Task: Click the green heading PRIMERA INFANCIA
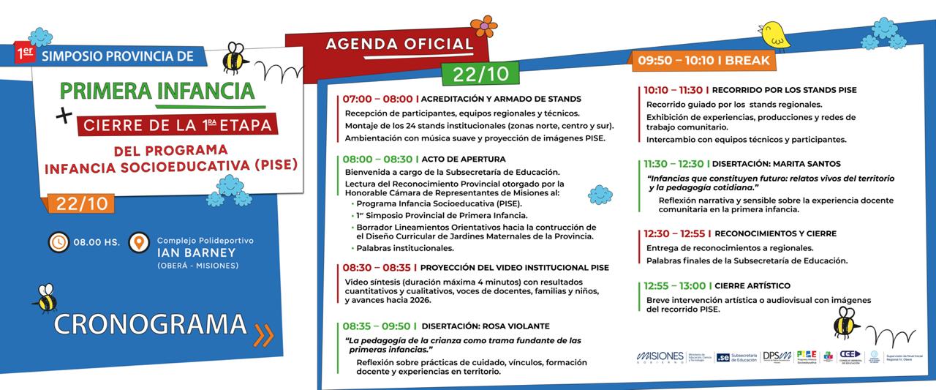[x=156, y=91]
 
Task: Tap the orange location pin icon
[x=136, y=242]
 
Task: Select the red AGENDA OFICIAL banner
[x=399, y=43]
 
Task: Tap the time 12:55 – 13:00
[x=675, y=285]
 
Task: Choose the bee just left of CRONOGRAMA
[x=45, y=299]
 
